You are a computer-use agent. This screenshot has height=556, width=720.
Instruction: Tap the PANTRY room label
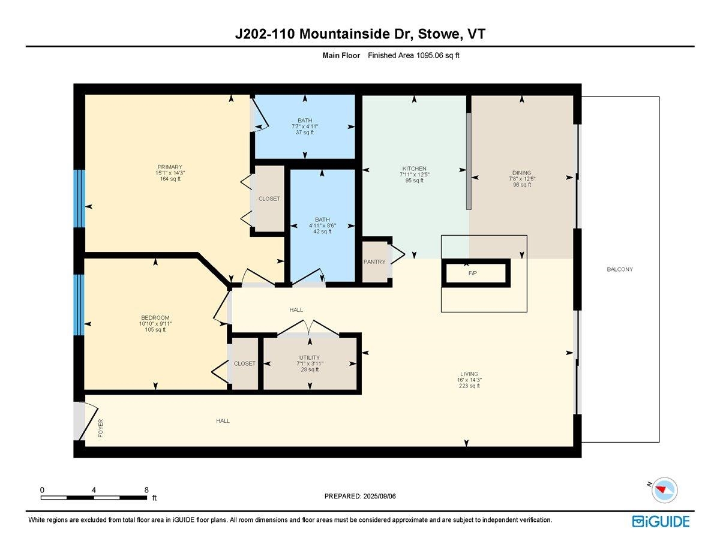pyautogui.click(x=374, y=262)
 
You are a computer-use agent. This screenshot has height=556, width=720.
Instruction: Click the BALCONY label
pyautogui.click(x=620, y=269)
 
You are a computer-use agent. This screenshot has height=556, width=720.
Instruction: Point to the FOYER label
pyautogui.click(x=101, y=428)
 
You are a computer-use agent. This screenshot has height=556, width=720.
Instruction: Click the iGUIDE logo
pyautogui.click(x=661, y=521)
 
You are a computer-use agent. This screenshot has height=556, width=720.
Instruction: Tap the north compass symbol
pyautogui.click(x=664, y=489)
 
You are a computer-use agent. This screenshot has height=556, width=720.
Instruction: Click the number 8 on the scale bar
pyautogui.click(x=147, y=489)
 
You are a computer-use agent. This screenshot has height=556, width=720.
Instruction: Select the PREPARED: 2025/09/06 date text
pyautogui.click(x=361, y=496)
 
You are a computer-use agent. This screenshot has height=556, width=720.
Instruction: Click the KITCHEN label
pyautogui.click(x=414, y=169)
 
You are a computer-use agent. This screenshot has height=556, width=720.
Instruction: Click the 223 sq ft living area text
pyautogui.click(x=469, y=386)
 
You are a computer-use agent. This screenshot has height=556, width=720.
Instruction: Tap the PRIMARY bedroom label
pyautogui.click(x=170, y=167)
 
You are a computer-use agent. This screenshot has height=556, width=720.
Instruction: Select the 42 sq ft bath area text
pyautogui.click(x=322, y=232)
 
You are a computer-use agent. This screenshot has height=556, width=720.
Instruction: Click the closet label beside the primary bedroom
pyautogui.click(x=269, y=199)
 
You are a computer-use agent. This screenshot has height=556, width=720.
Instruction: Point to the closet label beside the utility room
pyautogui.click(x=244, y=363)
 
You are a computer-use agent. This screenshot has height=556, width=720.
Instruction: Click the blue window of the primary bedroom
pyautogui.click(x=79, y=199)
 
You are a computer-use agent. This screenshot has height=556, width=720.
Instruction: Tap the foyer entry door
pyautogui.click(x=85, y=420)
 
